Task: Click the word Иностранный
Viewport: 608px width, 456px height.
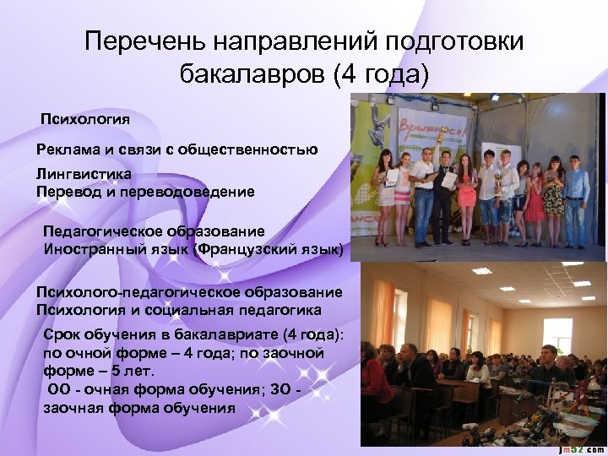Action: coord(92,249)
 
